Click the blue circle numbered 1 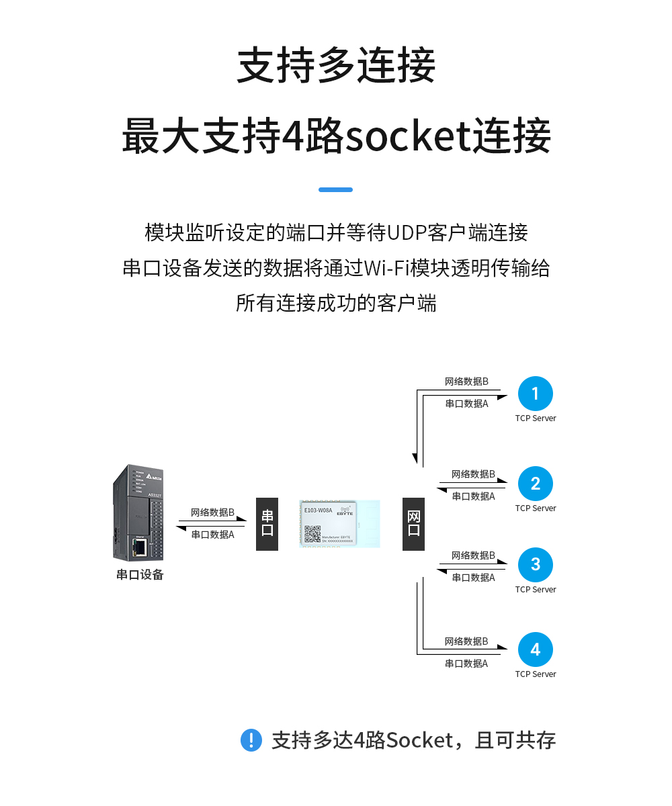(535, 394)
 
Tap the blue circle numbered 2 (535, 484)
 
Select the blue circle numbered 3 (535, 565)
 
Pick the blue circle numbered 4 (535, 650)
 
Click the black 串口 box (267, 524)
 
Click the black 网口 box (413, 524)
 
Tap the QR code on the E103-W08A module (312, 534)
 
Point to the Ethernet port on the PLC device (140, 547)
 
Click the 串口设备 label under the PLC (140, 575)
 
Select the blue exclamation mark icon (251, 740)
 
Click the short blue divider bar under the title (335, 190)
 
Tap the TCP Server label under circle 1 (536, 418)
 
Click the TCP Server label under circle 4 (536, 674)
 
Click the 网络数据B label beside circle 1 (466, 382)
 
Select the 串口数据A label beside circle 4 (466, 664)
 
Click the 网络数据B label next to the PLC (212, 512)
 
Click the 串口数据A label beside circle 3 (473, 578)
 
